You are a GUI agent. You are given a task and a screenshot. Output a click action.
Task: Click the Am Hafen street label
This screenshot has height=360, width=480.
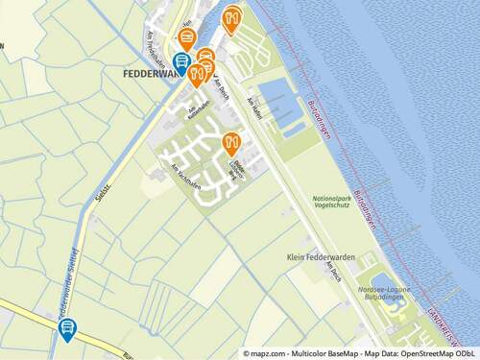(254, 105)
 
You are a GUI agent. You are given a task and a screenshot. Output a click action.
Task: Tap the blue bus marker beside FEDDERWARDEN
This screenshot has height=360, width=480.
(180, 62)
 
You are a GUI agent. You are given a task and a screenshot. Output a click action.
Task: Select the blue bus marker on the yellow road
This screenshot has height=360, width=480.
(67, 329)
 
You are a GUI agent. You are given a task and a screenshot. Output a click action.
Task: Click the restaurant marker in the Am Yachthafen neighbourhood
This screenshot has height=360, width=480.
(230, 144)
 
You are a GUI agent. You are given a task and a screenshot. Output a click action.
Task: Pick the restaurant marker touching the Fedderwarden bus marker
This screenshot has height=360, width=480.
(196, 74)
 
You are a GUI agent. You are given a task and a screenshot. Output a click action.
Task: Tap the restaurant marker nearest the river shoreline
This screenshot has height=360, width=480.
(231, 17)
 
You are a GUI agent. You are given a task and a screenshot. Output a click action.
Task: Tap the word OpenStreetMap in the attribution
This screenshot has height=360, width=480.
(428, 353)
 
